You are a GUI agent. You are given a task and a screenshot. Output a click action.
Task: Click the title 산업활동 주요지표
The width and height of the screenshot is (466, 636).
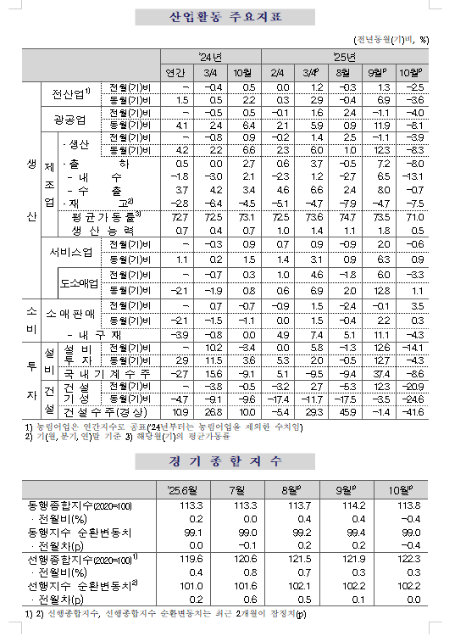pyautogui.click(x=232, y=17)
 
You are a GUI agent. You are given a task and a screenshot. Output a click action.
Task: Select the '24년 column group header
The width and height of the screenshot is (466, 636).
pyautogui.click(x=211, y=57)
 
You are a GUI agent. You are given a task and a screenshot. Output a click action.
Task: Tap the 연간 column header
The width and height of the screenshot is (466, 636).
pyautogui.click(x=175, y=72)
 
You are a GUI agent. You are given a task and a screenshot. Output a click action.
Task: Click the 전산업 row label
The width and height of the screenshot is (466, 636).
pyautogui.click(x=73, y=93)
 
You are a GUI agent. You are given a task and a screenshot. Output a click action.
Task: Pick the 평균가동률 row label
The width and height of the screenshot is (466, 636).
pyautogui.click(x=103, y=217)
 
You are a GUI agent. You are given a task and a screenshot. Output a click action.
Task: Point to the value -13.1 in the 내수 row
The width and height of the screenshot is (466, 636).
pyautogui.click(x=413, y=176)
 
